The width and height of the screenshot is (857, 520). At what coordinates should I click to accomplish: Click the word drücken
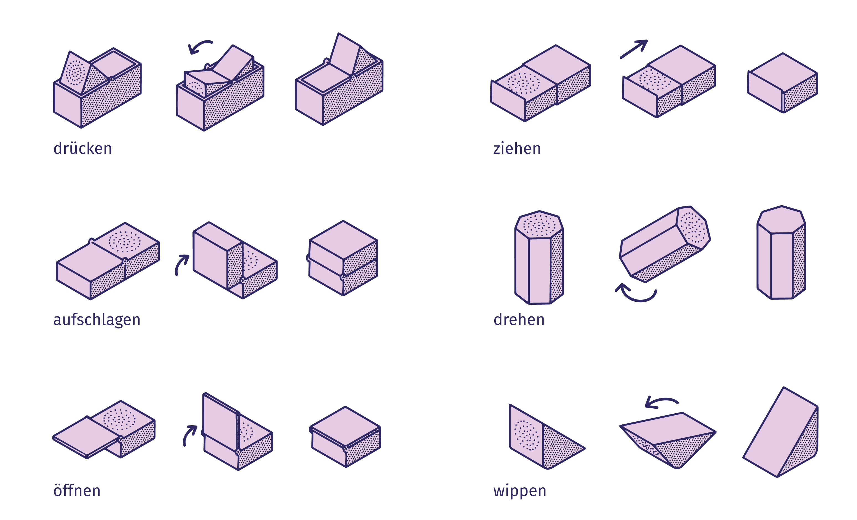pyautogui.click(x=83, y=148)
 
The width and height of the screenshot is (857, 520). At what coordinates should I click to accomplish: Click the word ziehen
pyautogui.click(x=517, y=148)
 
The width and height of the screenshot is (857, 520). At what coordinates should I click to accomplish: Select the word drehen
pyautogui.click(x=519, y=319)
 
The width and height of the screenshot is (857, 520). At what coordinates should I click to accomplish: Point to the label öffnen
pyautogui.click(x=77, y=490)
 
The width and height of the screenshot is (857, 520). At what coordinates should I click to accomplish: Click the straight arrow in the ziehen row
pyautogui.click(x=634, y=49)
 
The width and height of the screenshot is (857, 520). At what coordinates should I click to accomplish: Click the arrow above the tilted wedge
pyautogui.click(x=661, y=400)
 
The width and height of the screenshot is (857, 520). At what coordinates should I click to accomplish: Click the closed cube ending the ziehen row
pyautogui.click(x=783, y=83)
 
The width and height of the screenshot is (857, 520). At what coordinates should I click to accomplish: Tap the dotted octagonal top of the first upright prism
pyautogui.click(x=539, y=224)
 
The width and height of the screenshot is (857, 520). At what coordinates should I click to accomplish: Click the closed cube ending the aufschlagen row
pyautogui.click(x=343, y=258)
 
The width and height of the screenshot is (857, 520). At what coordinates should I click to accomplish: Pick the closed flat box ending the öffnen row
pyautogui.click(x=345, y=436)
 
